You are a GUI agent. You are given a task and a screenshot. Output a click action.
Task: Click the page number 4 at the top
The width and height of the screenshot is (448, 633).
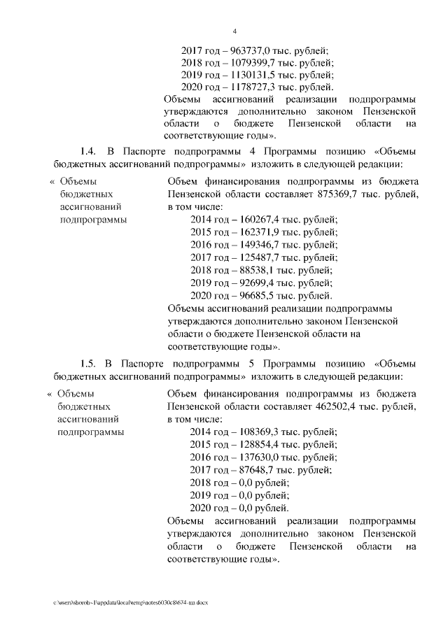coord(235,31)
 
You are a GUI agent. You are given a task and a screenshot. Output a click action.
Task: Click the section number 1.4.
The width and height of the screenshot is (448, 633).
coord(87,152)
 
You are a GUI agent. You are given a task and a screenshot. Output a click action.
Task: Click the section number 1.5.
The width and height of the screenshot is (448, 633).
coord(87,364)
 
